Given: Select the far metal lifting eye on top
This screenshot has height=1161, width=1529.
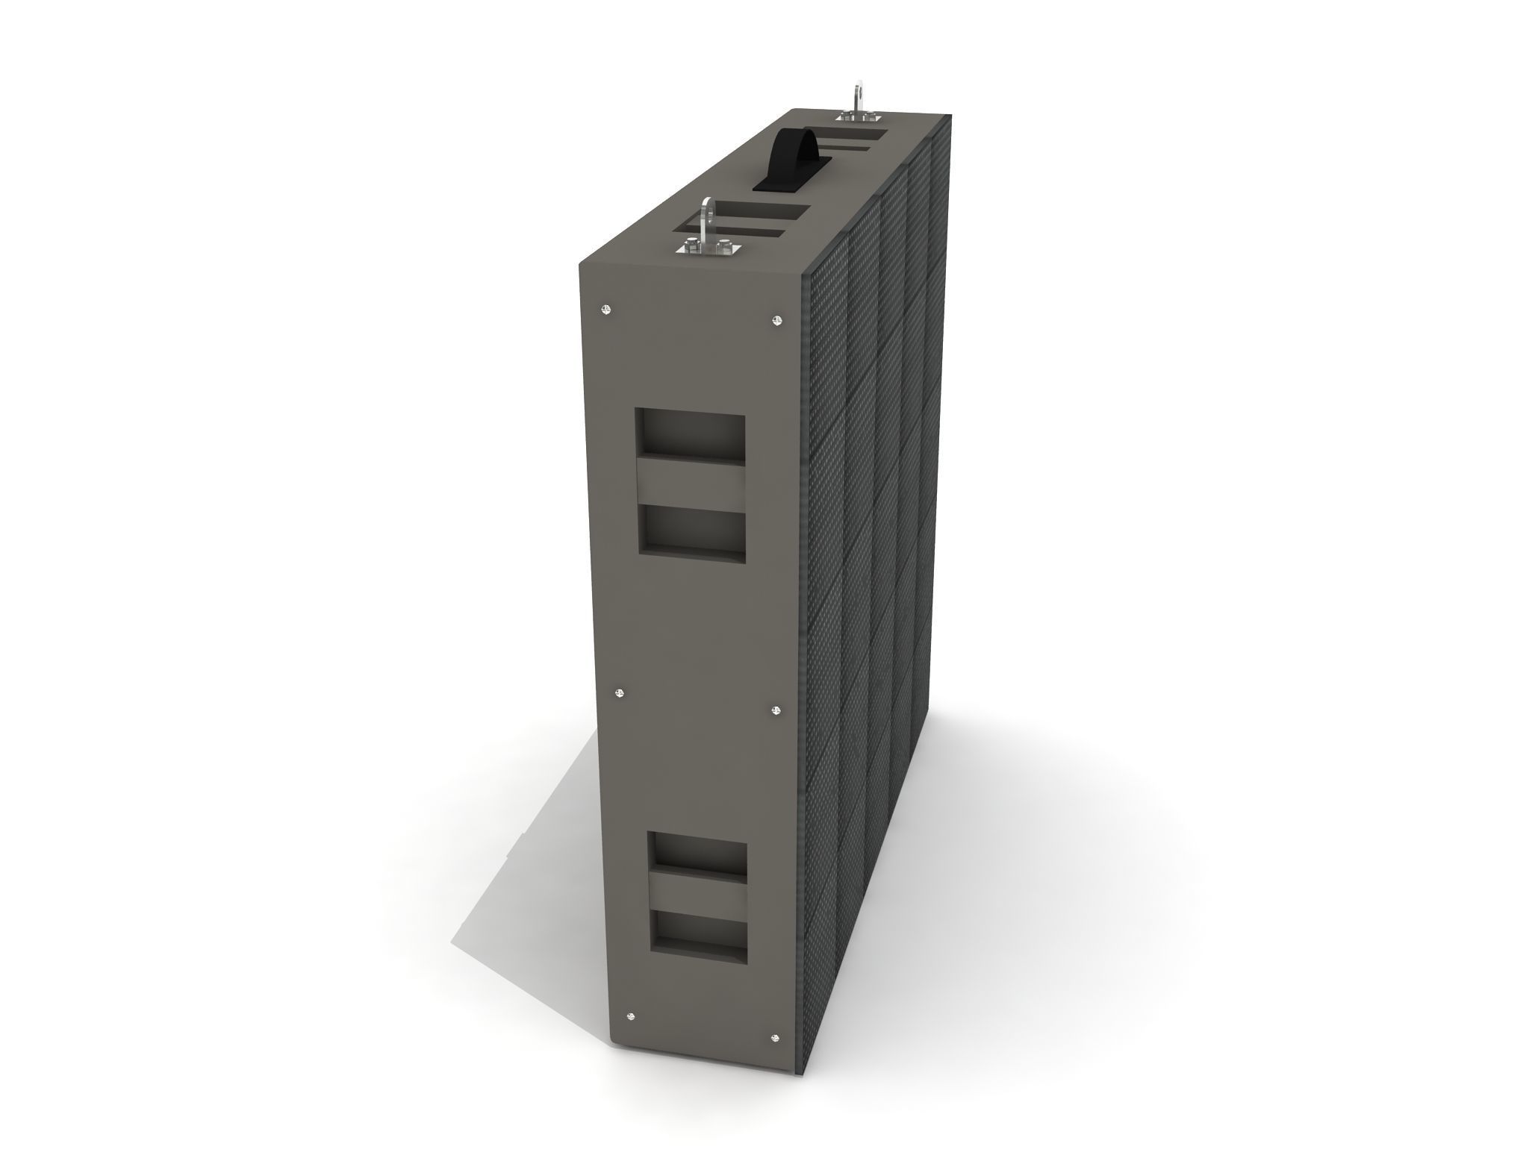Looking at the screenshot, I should [860, 97].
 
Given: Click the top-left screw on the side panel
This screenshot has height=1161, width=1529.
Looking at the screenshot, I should [606, 309].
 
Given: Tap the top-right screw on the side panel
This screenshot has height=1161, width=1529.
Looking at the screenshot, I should [777, 321].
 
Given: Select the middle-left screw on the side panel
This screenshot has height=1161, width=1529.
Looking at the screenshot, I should [618, 693].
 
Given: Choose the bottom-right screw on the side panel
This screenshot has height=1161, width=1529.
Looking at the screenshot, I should [773, 1037].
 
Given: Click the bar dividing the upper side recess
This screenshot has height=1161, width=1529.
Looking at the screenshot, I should [690, 483].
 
